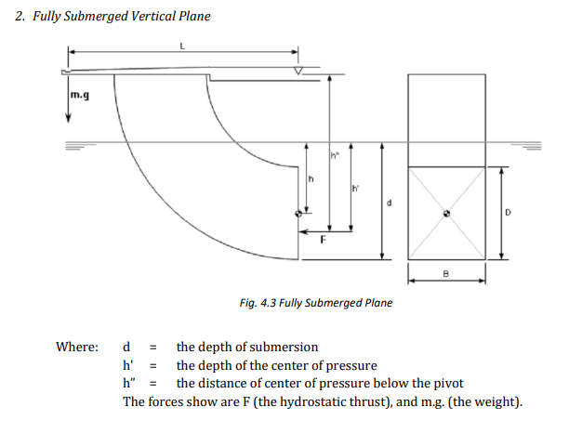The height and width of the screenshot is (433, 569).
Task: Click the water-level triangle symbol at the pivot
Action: (x=298, y=72)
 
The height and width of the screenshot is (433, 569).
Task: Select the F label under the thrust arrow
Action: (x=323, y=241)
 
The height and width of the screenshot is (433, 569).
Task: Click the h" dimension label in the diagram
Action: (x=335, y=153)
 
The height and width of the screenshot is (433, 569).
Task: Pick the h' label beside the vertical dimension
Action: (x=356, y=191)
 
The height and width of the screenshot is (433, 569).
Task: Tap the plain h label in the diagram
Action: (x=313, y=178)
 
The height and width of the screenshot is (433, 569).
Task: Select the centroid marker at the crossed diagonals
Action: (x=446, y=213)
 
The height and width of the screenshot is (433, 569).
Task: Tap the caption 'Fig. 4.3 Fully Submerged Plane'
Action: (x=315, y=303)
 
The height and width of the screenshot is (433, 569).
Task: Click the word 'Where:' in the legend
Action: (x=77, y=348)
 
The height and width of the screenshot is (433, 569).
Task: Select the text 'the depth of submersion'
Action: (x=247, y=348)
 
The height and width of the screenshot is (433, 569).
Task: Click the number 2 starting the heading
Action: (x=20, y=16)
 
